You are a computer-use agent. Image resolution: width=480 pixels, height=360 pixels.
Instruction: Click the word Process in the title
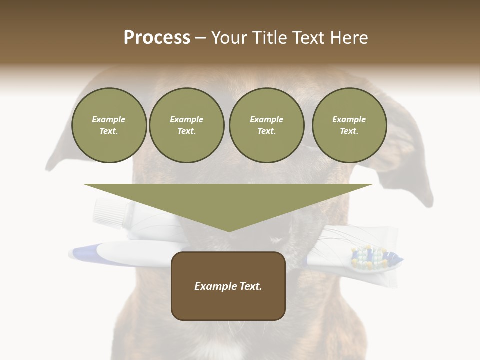pyautogui.click(x=157, y=38)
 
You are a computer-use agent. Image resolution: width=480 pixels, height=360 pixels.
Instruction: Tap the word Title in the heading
pyautogui.click(x=267, y=38)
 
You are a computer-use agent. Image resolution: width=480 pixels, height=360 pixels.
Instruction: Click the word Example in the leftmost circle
pyautogui.click(x=109, y=119)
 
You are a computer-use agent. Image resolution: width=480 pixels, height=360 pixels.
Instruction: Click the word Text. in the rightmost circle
pyautogui.click(x=349, y=131)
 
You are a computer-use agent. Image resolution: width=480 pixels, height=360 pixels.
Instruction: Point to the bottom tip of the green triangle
pyautogui.click(x=229, y=231)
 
